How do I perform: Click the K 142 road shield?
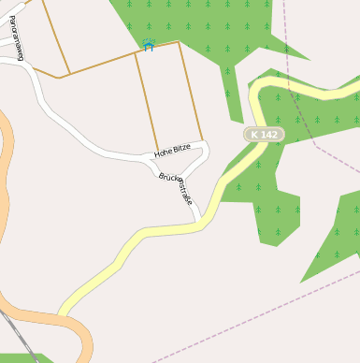pyautogui.click(x=264, y=135)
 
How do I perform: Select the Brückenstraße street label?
pyautogui.click(x=176, y=188)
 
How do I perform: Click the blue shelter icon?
pyautogui.click(x=148, y=45)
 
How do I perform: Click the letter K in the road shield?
pyautogui.click(x=254, y=135)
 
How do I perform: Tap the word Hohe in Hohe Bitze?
pyautogui.click(x=164, y=152)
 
